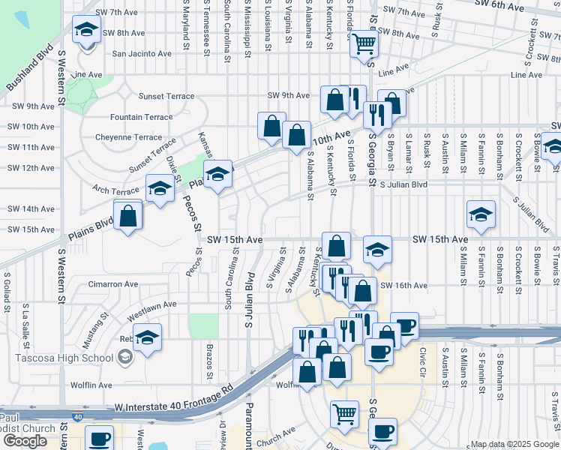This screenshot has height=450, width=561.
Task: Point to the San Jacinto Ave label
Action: [142, 54]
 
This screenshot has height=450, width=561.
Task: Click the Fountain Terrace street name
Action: [141, 117]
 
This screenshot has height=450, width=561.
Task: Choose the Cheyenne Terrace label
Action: [128, 137]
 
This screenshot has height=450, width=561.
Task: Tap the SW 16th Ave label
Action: [404, 286]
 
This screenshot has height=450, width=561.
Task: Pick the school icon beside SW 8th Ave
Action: [86, 31]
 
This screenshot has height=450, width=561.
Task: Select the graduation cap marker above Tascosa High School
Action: [147, 339]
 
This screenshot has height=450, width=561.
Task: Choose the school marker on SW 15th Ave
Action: [378, 250]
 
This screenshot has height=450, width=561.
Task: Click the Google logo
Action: [25, 441]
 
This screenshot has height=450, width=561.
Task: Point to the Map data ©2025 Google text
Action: [514, 444]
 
